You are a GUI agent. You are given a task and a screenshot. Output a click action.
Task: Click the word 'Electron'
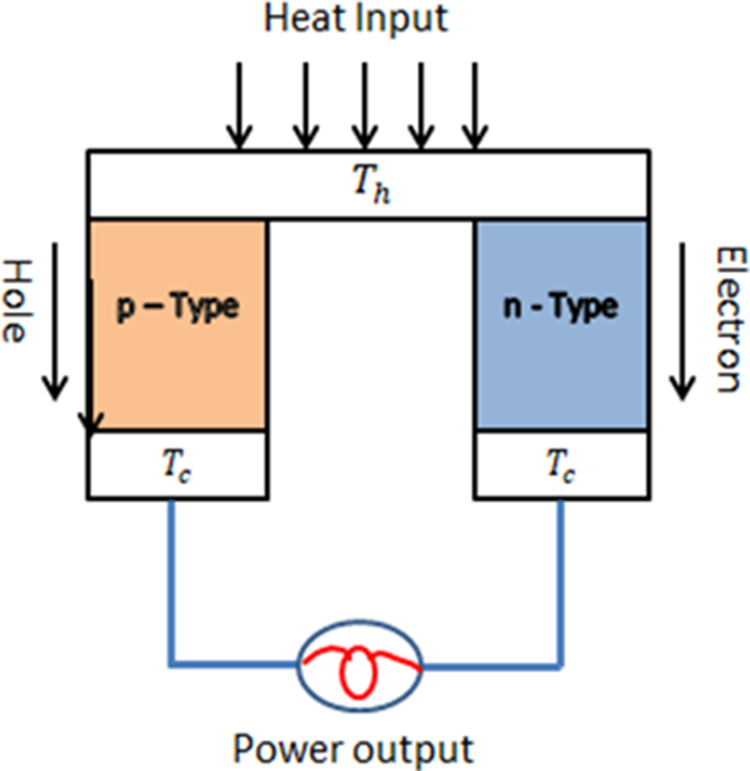(x=729, y=318)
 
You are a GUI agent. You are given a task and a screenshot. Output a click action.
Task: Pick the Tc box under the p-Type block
(x=177, y=464)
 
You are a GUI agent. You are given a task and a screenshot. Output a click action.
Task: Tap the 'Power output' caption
(x=353, y=749)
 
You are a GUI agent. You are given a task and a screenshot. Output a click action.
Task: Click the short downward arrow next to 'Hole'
(x=56, y=318)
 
